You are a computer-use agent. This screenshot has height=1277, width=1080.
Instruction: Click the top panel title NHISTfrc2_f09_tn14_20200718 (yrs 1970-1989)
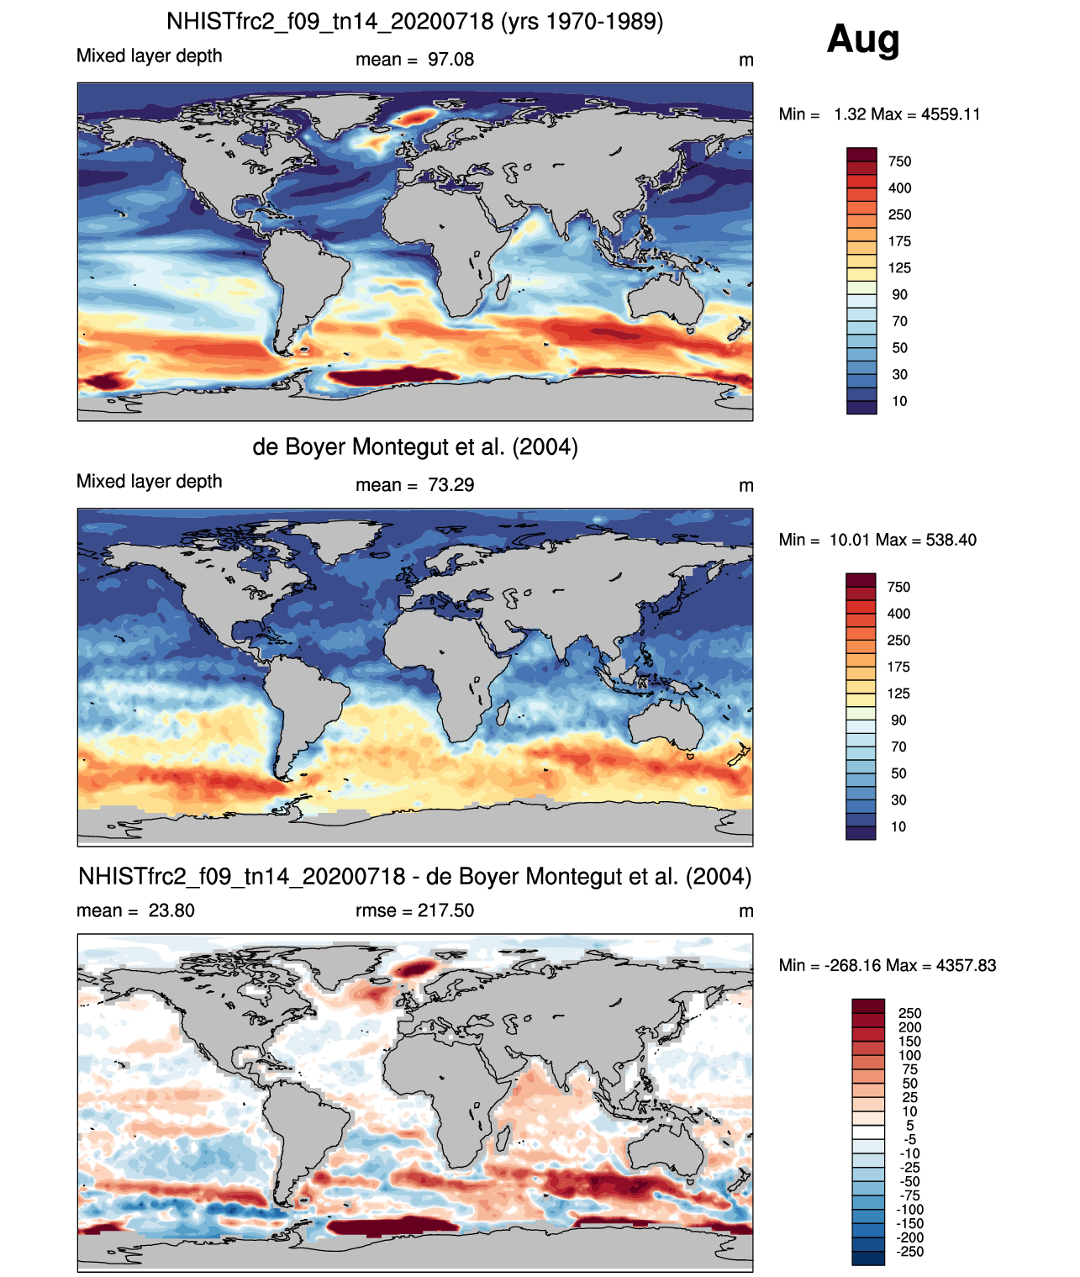[x=415, y=22]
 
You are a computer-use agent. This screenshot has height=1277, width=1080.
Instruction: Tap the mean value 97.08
[x=450, y=60]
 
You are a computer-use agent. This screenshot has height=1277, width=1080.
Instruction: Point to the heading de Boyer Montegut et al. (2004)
[x=415, y=446]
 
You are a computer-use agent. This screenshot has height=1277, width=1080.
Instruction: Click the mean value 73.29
[x=450, y=485]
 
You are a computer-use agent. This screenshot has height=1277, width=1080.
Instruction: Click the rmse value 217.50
[x=445, y=910]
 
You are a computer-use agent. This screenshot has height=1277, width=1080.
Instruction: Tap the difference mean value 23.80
[x=171, y=910]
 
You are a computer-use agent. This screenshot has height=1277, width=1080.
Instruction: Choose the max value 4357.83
[x=966, y=966]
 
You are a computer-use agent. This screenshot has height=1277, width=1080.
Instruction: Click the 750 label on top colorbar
[x=899, y=161]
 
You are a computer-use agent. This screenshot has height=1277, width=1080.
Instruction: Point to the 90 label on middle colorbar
[x=898, y=720]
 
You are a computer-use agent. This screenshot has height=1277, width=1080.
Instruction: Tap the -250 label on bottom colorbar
[x=911, y=1252]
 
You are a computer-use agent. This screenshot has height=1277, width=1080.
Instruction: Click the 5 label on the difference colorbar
[x=910, y=1126]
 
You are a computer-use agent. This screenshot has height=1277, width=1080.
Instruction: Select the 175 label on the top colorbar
[x=899, y=241]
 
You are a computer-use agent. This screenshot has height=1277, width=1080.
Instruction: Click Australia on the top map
[x=666, y=299]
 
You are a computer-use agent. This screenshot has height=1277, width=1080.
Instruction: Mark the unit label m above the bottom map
[x=746, y=911]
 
